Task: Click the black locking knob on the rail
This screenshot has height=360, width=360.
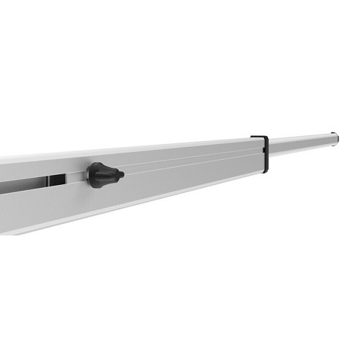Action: click(x=101, y=175)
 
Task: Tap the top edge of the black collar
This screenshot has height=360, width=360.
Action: click(x=259, y=136)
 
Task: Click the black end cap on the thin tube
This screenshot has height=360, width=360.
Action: click(x=335, y=136)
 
